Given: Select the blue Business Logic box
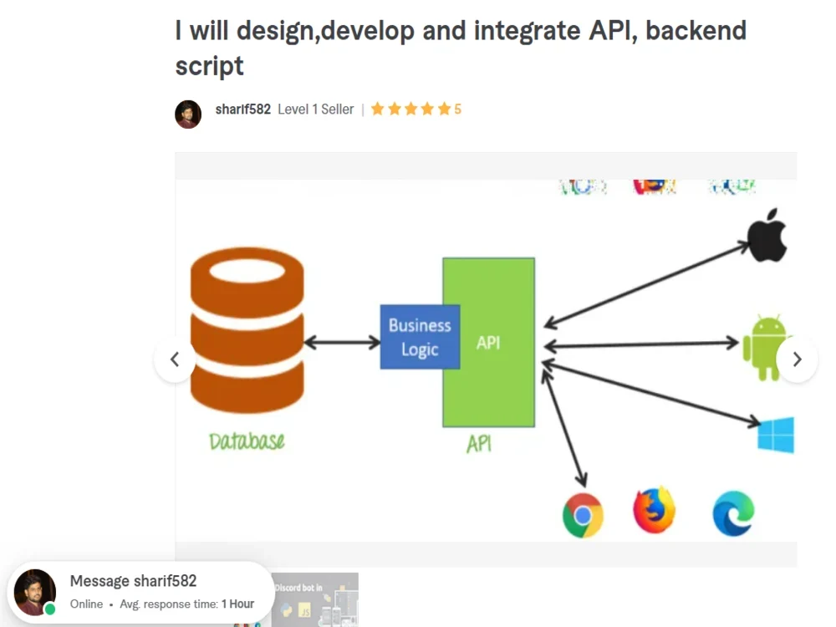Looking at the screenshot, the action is click(x=420, y=337).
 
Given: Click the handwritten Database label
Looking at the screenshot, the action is click(x=247, y=441).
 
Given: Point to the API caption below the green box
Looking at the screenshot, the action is click(x=478, y=444).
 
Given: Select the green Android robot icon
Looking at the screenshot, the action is click(x=764, y=346).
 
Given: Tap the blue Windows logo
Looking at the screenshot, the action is click(x=775, y=435).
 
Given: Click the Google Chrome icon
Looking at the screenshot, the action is click(x=583, y=514).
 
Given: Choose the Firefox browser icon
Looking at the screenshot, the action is click(x=654, y=510).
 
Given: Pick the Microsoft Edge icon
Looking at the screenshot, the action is click(x=733, y=513).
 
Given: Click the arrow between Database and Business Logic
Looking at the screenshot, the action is click(x=342, y=342).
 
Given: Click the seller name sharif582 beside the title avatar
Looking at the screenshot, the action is click(x=242, y=110).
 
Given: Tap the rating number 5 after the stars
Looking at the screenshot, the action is click(x=457, y=110).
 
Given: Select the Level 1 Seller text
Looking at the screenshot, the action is click(x=315, y=110).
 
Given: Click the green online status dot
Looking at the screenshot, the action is click(x=50, y=609).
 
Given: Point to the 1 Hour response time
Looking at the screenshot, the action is click(x=237, y=604).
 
